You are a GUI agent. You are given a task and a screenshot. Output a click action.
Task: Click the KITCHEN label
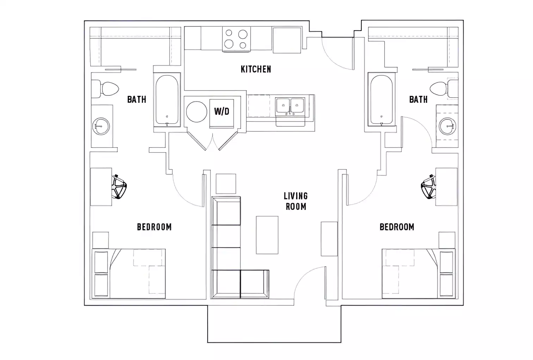coord(256,69)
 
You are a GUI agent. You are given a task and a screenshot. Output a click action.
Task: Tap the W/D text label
coord(222,112)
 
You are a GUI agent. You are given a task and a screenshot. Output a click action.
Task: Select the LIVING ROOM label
coord(296,201)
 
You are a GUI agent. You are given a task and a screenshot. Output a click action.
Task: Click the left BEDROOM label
coord(154,227)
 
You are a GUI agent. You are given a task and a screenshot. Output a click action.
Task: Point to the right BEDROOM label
coord(397,227)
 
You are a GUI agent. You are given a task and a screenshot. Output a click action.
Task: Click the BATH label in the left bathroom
coord(136,100)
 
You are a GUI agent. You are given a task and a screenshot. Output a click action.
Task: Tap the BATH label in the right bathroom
coord(418,100)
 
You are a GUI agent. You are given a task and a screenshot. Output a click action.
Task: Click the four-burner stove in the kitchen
coord(236,39)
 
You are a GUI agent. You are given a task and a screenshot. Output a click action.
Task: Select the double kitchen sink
coord(290,106)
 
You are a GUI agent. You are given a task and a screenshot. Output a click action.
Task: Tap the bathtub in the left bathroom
coord(167,100)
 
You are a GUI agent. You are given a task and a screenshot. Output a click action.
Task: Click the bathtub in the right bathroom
coord(381,100)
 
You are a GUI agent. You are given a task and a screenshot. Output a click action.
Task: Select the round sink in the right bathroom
coord(448,125)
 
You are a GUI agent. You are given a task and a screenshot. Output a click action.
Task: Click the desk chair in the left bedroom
coord(119,187)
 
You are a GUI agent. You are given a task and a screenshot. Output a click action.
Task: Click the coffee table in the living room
coord(267,235)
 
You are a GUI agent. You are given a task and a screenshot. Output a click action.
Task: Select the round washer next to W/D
coord(196,112)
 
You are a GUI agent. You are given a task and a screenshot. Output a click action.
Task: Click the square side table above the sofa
coord(226,184)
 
